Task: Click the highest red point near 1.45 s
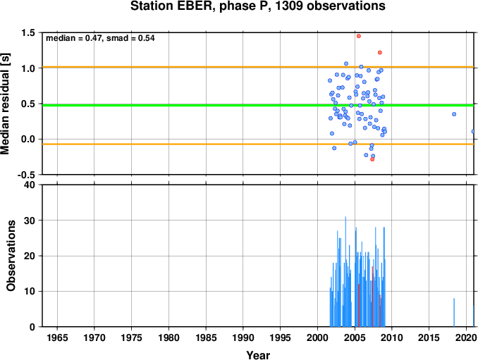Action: pyautogui.click(x=358, y=36)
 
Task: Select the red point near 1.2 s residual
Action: pyautogui.click(x=380, y=52)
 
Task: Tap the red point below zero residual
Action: pyautogui.click(x=372, y=159)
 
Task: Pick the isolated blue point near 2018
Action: pyautogui.click(x=454, y=114)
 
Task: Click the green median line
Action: pyautogui.click(x=258, y=106)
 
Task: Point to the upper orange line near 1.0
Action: pyautogui.click(x=258, y=67)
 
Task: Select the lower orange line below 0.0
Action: pyautogui.click(x=258, y=144)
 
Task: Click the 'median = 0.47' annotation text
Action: pyautogui.click(x=73, y=38)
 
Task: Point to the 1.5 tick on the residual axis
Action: pyautogui.click(x=28, y=32)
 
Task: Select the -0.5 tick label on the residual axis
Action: pyautogui.click(x=26, y=175)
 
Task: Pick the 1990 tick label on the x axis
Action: pyautogui.click(x=243, y=337)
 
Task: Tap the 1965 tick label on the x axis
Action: pyautogui.click(x=57, y=337)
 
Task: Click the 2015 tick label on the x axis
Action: pyautogui.click(x=429, y=337)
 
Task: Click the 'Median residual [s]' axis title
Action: pyautogui.click(x=5, y=104)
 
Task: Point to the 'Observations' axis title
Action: pyautogui.click(x=11, y=256)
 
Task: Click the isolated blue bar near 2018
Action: pyautogui.click(x=454, y=313)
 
